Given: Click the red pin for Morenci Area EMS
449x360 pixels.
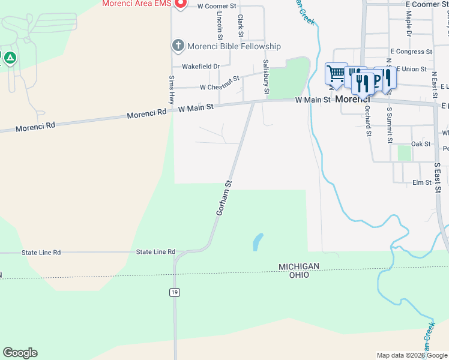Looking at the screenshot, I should [179, 4].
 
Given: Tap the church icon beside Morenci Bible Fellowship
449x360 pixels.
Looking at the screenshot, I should [178, 46].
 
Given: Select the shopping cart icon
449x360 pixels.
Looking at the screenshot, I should [336, 73].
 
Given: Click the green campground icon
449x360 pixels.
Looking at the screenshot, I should [9, 58].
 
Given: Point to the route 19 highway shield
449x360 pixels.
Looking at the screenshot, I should [174, 292].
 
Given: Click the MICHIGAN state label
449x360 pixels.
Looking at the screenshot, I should [298, 266].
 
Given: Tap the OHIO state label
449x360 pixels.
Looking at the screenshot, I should [298, 275].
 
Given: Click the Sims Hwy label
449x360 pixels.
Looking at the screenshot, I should [171, 89].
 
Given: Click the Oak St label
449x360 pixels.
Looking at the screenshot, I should [420, 144].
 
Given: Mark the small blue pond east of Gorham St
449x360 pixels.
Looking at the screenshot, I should [258, 242].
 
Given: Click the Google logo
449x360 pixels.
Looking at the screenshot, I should [20, 353].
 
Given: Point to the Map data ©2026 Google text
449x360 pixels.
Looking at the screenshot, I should [411, 355].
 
